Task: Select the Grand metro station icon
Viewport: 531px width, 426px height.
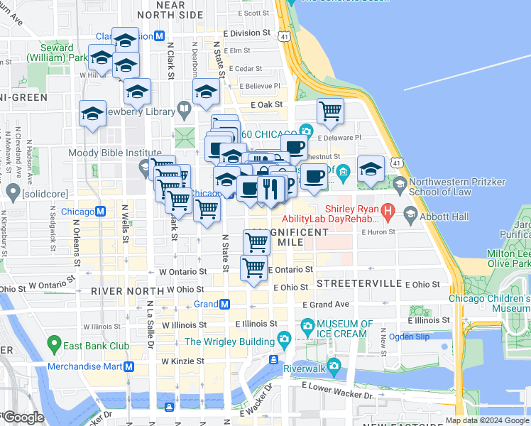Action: tap(224, 304)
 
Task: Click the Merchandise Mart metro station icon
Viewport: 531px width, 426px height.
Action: tap(129, 366)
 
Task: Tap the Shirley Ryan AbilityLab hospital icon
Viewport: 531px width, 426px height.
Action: tap(388, 210)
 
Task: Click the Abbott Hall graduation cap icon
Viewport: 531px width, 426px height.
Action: tap(410, 213)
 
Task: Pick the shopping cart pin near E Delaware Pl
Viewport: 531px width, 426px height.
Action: tap(330, 111)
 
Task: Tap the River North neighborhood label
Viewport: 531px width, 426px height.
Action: tap(123, 291)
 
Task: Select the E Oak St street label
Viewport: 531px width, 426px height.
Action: tap(266, 104)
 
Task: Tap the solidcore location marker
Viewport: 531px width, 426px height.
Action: tap(12, 192)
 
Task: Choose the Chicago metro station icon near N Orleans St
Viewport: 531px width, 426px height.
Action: tap(101, 212)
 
